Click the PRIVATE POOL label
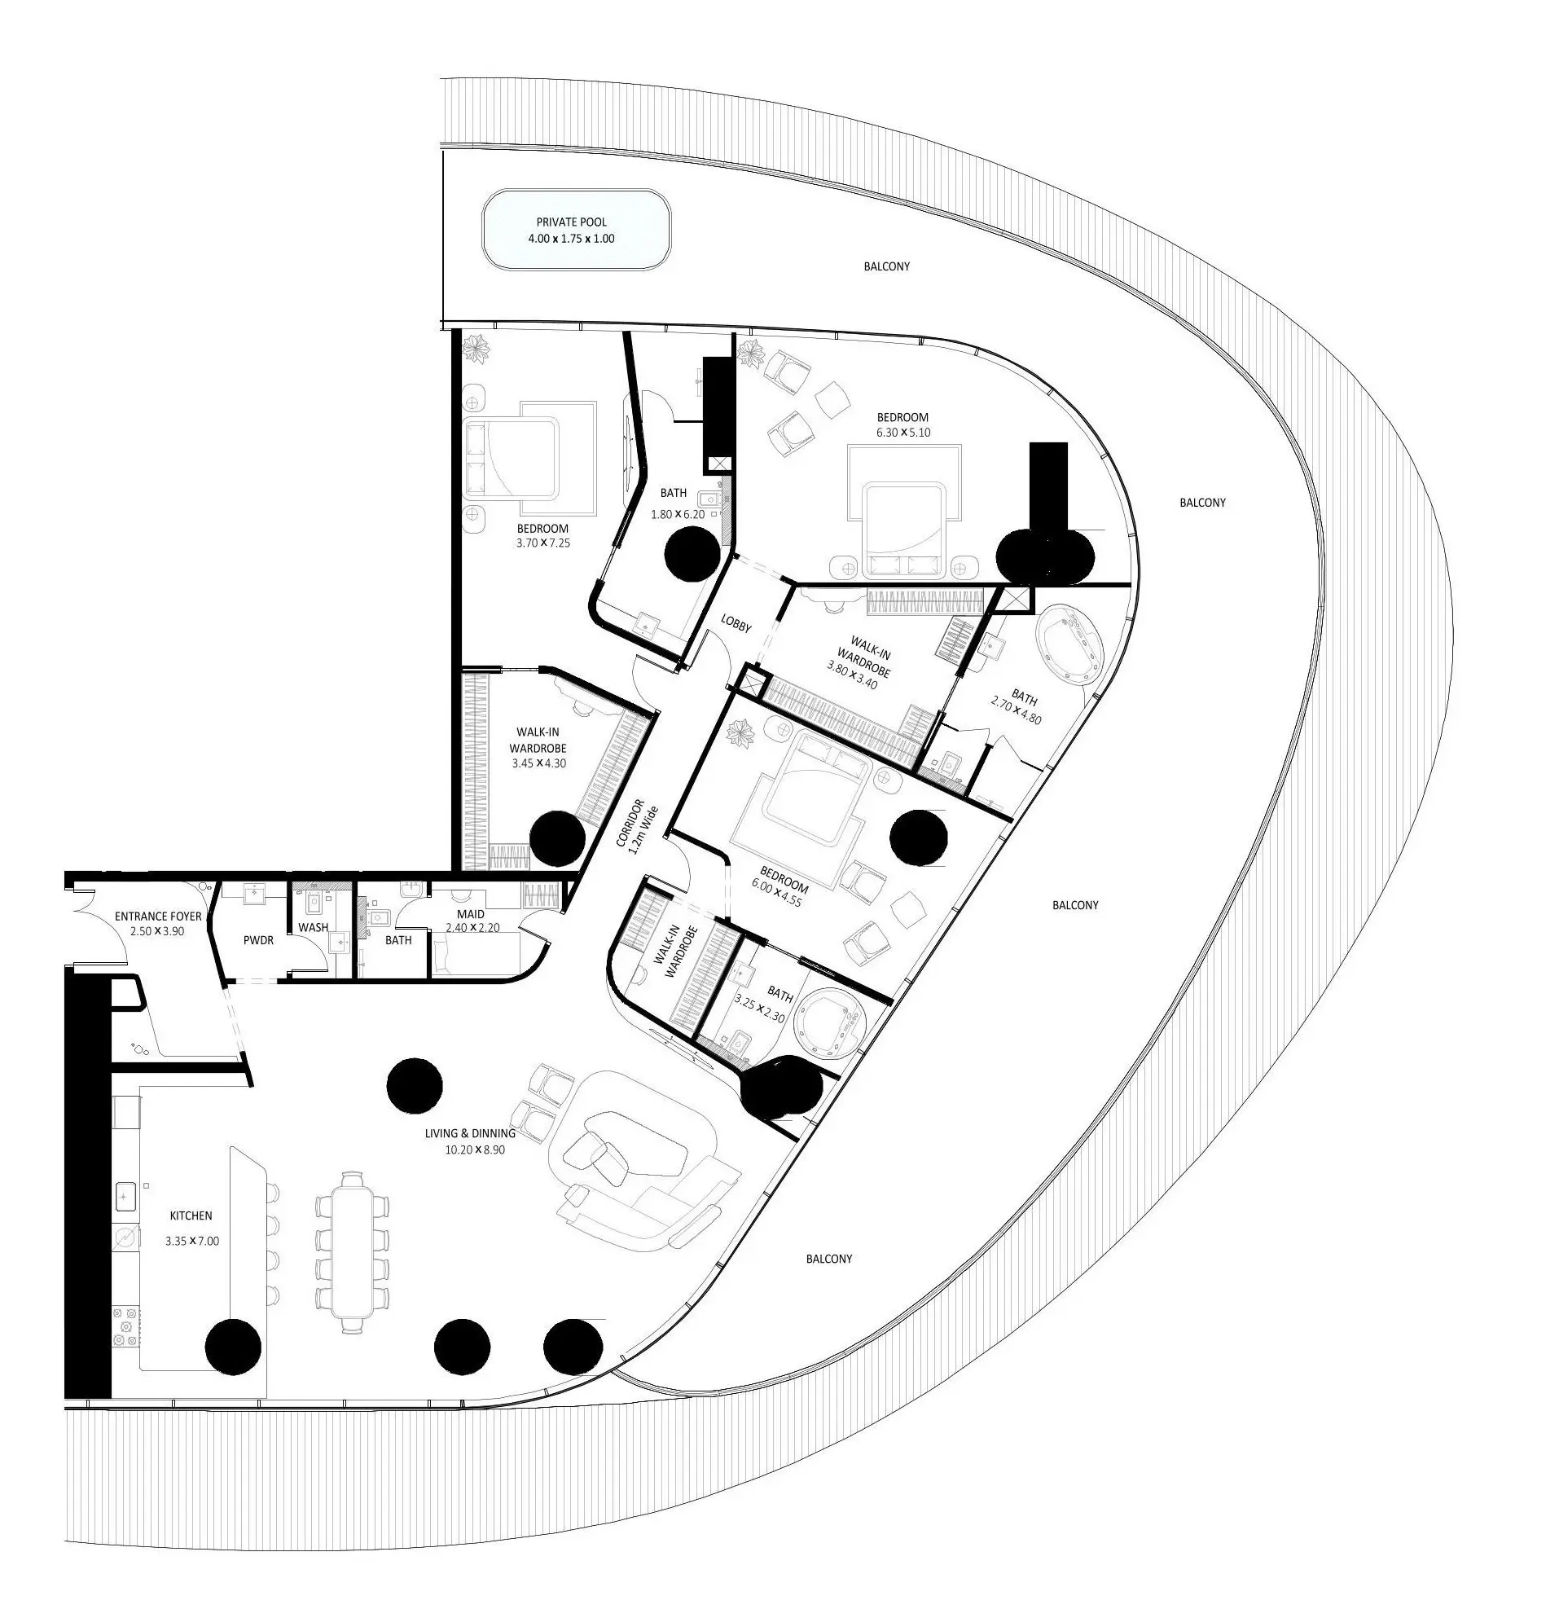click(x=571, y=222)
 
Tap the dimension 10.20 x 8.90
click(x=475, y=1150)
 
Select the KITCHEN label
click(x=191, y=1215)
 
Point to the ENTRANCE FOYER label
click(x=158, y=917)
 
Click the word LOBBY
click(x=736, y=624)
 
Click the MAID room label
click(x=471, y=914)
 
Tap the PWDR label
click(x=258, y=940)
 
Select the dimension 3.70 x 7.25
click(x=542, y=543)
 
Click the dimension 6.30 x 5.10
click(x=902, y=432)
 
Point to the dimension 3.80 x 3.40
click(x=853, y=677)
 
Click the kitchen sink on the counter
click(x=125, y=1196)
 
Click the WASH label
click(x=313, y=927)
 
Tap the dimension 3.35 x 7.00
click(x=192, y=1241)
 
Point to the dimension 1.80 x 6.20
click(x=678, y=514)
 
